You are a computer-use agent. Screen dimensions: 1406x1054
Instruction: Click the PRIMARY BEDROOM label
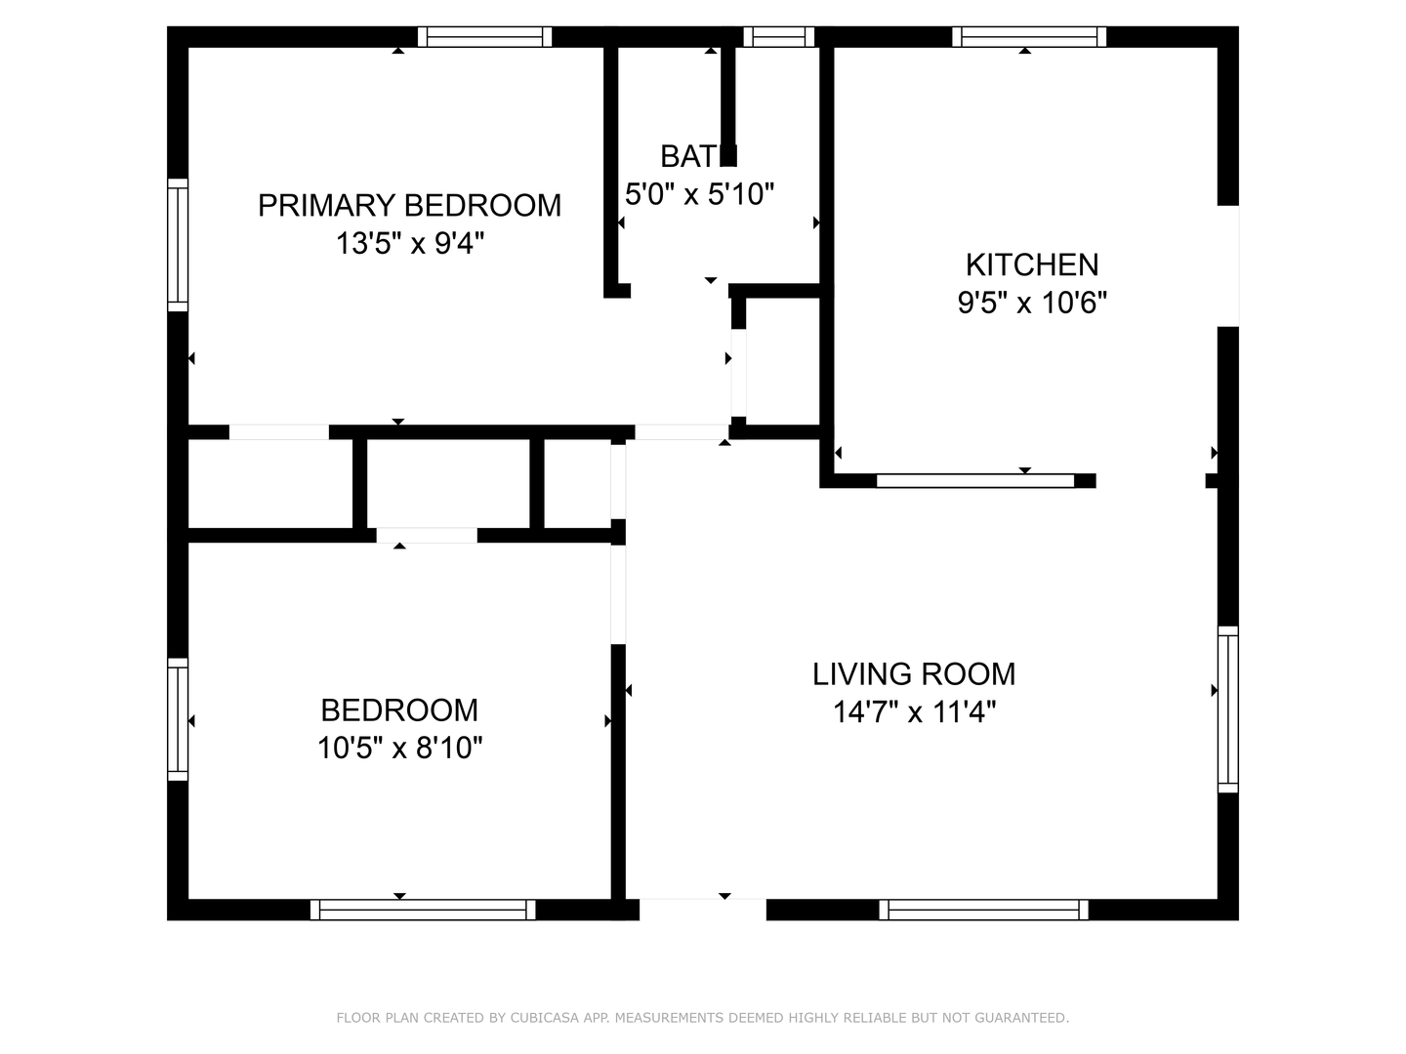[409, 205]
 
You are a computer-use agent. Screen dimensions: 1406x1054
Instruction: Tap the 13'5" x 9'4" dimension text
[410, 244]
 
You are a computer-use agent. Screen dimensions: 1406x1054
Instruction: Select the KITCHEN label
[1032, 264]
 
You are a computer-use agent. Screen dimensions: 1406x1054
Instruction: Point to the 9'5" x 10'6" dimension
[1032, 303]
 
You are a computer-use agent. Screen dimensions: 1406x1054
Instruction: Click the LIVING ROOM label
[914, 674]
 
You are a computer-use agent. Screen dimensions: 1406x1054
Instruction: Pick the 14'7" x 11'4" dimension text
[914, 711]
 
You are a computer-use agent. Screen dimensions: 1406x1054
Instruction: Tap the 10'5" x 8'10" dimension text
[399, 748]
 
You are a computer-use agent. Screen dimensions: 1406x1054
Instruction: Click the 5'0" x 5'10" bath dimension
[699, 194]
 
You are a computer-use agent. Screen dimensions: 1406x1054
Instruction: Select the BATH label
[698, 157]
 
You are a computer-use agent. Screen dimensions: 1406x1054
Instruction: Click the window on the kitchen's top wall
[1029, 37]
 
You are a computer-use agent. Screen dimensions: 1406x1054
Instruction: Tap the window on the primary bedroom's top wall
[485, 37]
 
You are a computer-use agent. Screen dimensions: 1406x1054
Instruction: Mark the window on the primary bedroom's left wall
[178, 245]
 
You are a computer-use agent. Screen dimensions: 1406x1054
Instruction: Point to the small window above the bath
[779, 37]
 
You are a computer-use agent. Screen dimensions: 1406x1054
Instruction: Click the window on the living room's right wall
[1228, 709]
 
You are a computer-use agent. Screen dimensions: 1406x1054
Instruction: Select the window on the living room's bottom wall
[983, 910]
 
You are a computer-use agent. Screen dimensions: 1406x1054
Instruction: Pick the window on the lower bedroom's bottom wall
[423, 910]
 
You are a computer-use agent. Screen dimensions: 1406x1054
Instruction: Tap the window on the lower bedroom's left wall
[178, 719]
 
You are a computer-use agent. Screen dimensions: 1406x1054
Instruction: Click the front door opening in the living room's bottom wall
[703, 910]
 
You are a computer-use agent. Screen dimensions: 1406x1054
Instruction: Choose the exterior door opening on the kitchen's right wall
[1228, 266]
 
